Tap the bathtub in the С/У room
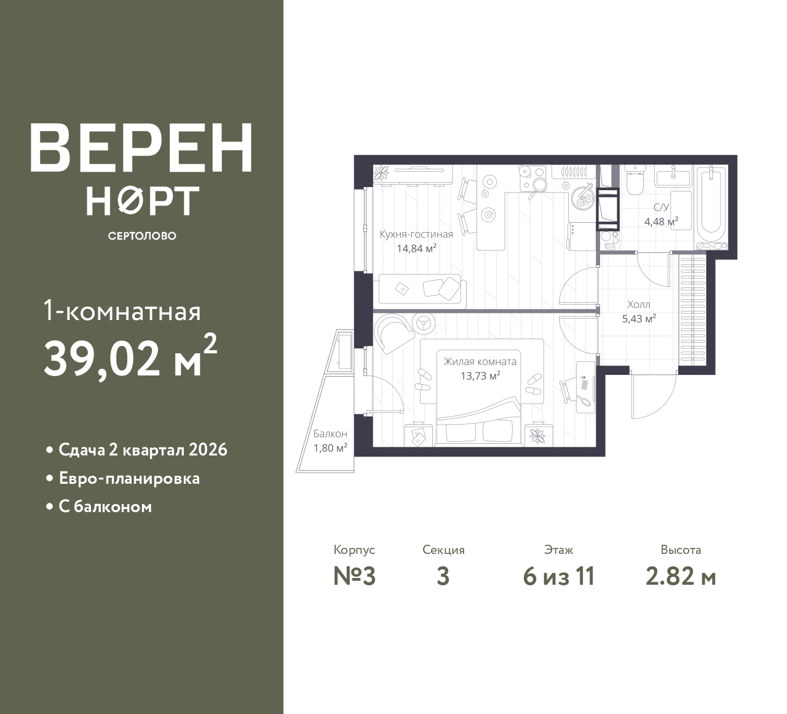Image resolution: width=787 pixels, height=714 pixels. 711,207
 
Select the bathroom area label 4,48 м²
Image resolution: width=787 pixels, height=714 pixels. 661,222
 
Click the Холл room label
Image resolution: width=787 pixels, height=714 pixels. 639,304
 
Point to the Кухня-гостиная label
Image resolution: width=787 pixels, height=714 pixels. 416,235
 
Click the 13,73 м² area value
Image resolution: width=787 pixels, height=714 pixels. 480,376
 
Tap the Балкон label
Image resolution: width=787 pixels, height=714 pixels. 330,433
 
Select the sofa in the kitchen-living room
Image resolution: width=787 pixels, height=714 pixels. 422,291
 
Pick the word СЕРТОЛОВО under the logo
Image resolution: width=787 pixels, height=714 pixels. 142,236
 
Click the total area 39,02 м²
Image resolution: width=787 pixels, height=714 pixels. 130,356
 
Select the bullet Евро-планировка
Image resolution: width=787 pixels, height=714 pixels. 129,478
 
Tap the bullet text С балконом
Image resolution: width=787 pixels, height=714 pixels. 105,507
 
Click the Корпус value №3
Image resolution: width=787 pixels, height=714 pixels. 355,577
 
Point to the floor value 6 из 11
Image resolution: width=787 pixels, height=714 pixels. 559,577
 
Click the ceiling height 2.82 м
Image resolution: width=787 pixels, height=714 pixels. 681,577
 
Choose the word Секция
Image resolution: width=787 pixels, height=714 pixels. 443,550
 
